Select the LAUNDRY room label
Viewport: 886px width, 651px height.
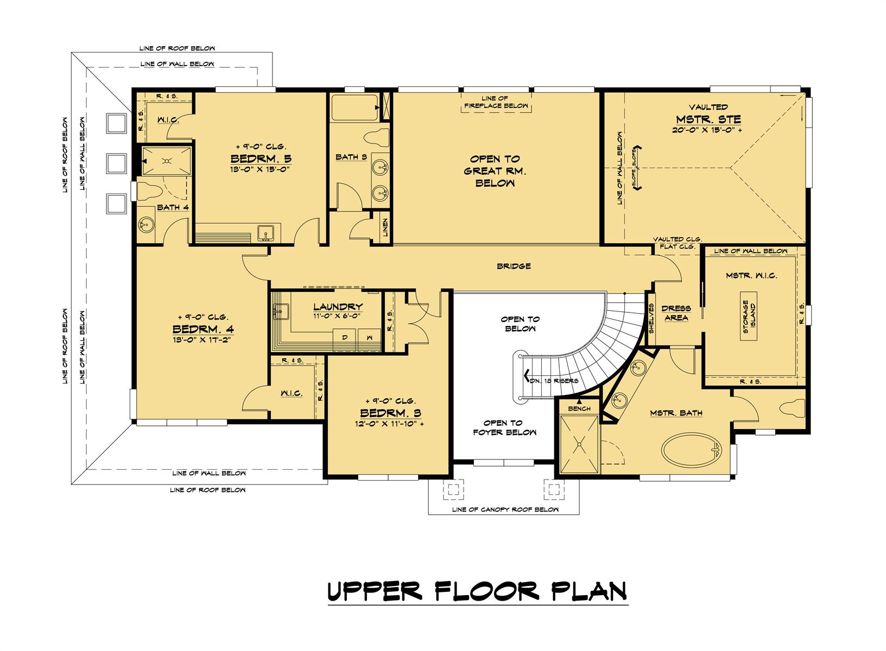coord(337,307)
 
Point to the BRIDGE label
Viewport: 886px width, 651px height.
coord(514,266)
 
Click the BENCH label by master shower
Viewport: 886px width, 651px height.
coord(579,409)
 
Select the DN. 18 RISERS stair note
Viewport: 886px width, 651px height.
coord(554,380)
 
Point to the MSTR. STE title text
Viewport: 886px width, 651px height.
coord(708,119)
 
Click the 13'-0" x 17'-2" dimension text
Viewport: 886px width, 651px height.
coord(202,340)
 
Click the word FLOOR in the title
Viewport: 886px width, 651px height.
coord(486,591)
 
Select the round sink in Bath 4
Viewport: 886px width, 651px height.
coord(145,223)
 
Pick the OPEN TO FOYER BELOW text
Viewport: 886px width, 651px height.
coord(504,427)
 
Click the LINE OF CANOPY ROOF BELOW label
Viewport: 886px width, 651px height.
coord(505,509)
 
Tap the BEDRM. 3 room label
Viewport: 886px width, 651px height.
coord(390,413)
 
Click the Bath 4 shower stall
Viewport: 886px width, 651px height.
coord(167,161)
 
